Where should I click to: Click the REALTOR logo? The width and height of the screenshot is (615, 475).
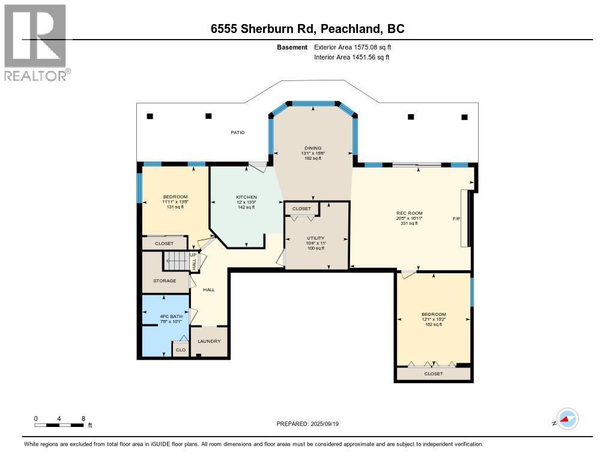[x=35, y=42]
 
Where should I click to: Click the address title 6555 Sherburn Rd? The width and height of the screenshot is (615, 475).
[x=307, y=29]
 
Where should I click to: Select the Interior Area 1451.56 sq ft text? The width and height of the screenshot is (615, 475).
[x=352, y=57]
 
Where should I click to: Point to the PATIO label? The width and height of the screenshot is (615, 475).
[x=238, y=132]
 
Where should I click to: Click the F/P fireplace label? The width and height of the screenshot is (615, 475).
[x=456, y=219]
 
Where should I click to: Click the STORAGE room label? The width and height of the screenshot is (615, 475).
[x=164, y=280]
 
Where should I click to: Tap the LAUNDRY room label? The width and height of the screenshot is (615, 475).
[x=209, y=341]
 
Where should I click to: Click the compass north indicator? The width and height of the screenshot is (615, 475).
[x=567, y=419]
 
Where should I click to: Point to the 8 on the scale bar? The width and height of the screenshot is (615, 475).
[x=83, y=418]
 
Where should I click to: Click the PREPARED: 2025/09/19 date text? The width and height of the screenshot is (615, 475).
[x=311, y=423]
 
